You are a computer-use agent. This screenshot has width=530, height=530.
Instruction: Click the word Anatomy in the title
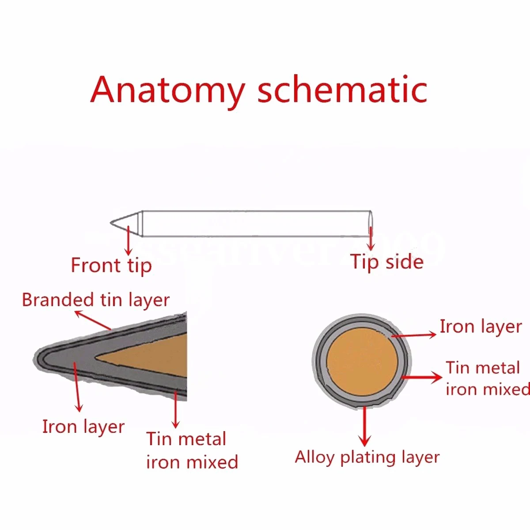click(x=168, y=90)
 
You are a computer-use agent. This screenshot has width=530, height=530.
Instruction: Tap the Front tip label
click(x=111, y=265)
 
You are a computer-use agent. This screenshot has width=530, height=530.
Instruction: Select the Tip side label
click(x=387, y=262)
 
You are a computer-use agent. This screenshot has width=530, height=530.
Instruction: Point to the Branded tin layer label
click(x=95, y=300)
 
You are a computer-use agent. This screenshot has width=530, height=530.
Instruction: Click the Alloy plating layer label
click(x=367, y=457)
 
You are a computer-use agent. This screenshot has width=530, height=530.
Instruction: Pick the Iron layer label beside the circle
click(x=481, y=327)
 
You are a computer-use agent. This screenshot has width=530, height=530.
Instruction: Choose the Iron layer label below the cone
click(x=83, y=427)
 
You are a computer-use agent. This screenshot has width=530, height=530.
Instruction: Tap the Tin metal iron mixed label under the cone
click(x=192, y=450)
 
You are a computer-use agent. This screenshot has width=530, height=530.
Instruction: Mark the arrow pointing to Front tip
click(x=129, y=241)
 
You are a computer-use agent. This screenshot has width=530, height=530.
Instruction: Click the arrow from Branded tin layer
click(x=93, y=320)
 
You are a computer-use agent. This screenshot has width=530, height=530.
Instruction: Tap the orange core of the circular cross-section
click(x=362, y=362)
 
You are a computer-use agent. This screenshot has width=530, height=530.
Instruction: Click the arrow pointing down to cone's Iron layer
click(x=78, y=386)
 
